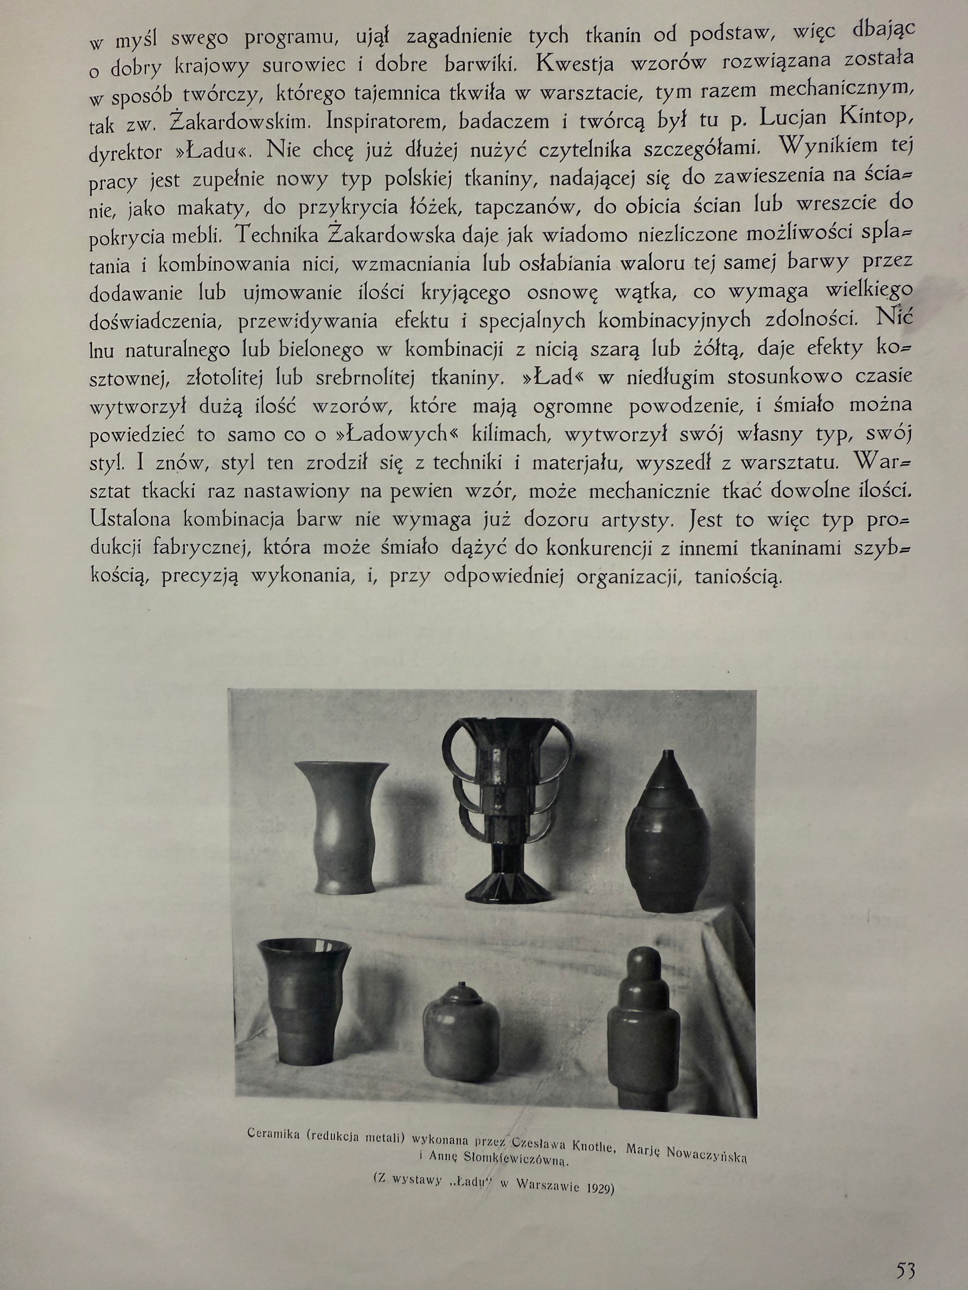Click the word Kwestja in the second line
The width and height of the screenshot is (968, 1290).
[575, 64]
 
